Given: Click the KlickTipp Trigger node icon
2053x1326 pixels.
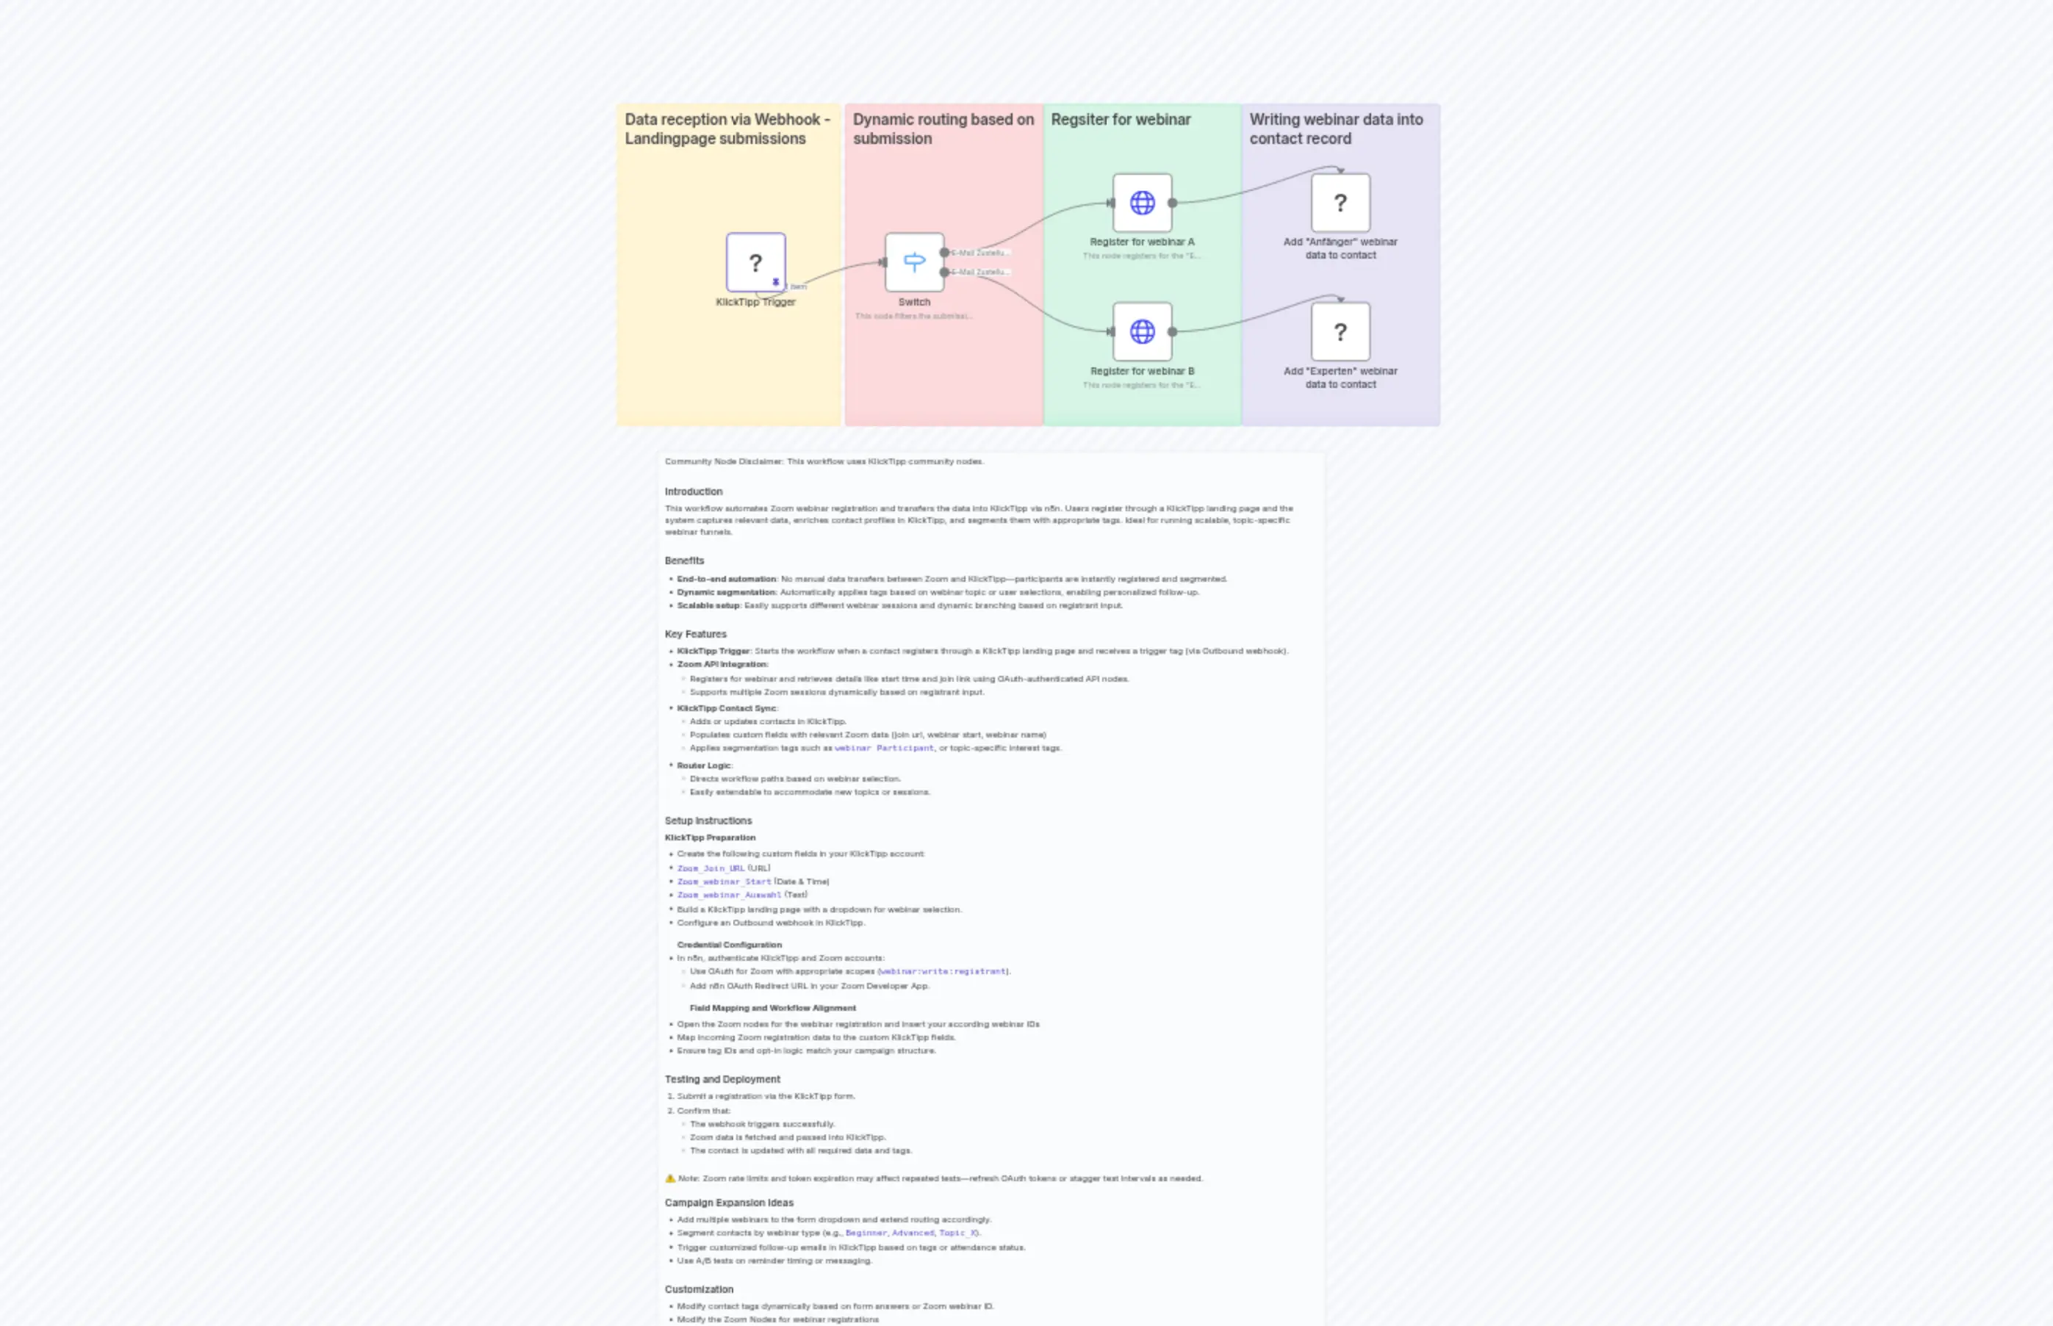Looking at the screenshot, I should pos(755,262).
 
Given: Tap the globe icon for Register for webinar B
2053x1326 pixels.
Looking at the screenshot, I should pos(1142,331).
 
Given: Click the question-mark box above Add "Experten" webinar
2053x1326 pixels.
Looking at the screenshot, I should pos(1340,331).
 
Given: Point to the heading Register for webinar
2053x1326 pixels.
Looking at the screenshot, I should pos(1121,120).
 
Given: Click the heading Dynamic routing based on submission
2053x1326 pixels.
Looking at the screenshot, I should pos(943,129).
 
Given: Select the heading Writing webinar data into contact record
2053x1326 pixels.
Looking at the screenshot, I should pos(1336,129).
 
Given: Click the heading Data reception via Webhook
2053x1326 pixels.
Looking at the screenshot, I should pos(727,129).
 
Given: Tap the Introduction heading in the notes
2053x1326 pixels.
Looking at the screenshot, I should pos(693,491).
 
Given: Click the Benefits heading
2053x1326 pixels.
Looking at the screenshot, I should pos(684,561).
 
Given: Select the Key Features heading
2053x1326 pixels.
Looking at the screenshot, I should pos(695,634).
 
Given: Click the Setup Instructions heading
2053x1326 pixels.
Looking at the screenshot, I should pos(708,821).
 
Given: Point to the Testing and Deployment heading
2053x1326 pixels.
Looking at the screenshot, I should pos(722,1079).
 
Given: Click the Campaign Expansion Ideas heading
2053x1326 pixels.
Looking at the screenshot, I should pos(728,1203).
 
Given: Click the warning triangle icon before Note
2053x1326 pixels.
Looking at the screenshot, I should pos(670,1178).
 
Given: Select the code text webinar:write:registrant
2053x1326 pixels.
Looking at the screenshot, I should pos(943,971).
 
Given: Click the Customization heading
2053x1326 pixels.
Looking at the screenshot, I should pos(698,1289).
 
